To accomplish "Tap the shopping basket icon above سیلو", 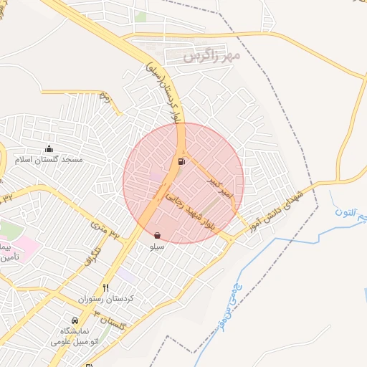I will point(157,235).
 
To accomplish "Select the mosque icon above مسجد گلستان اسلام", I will point(49,148).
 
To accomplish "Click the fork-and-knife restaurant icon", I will point(106,287).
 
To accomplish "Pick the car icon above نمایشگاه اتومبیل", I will point(75,321).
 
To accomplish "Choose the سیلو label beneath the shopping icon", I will point(157,246).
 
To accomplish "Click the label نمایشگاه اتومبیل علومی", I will point(76,337).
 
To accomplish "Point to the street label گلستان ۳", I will point(112,323).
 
